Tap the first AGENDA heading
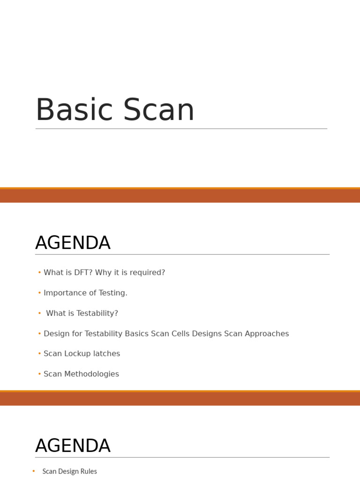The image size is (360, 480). [73, 243]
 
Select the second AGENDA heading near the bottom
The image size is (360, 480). [73, 446]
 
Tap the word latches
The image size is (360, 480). [107, 354]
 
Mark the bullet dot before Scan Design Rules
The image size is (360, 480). [34, 471]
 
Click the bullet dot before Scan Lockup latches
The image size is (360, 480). [39, 354]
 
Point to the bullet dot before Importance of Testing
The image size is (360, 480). [39, 293]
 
